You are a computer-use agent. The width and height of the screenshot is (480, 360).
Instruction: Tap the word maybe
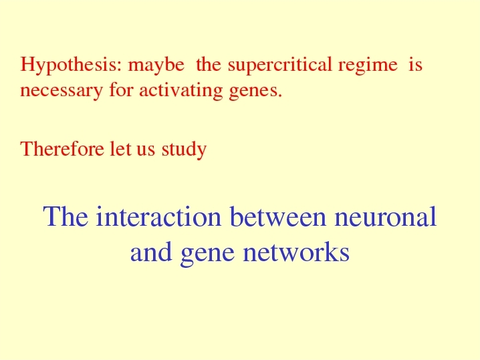click(x=156, y=65)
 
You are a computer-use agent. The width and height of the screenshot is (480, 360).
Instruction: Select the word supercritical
click(x=280, y=65)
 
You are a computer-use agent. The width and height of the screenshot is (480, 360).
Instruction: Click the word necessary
click(x=62, y=92)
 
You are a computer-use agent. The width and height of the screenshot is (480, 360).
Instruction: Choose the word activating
click(x=181, y=91)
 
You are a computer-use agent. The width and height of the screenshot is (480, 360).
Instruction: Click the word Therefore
click(x=62, y=149)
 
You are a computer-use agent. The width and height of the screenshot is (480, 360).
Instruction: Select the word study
click(x=185, y=150)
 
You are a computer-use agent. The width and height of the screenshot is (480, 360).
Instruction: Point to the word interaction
click(x=158, y=216)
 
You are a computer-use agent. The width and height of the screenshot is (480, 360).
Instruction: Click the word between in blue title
click(x=278, y=216)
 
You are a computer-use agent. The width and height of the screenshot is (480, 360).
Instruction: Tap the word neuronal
click(x=386, y=216)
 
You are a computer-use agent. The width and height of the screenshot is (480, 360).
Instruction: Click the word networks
click(x=296, y=251)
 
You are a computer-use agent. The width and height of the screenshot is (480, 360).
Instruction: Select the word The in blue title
click(x=66, y=216)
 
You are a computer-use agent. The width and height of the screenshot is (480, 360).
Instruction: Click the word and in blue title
click(x=151, y=251)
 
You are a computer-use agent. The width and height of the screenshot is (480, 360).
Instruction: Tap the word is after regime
click(x=416, y=65)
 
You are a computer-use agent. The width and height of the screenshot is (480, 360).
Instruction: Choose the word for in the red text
click(x=122, y=91)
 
